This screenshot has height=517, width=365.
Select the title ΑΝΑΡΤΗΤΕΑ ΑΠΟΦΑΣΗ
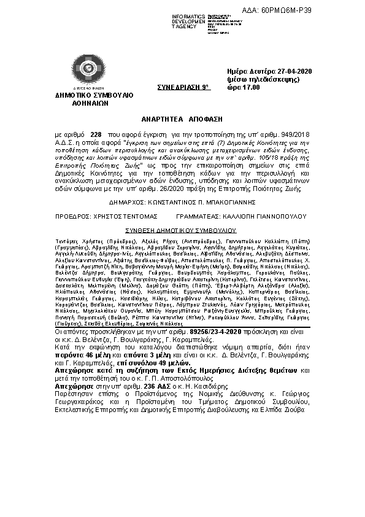(182, 117)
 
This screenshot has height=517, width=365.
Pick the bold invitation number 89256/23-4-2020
(217, 332)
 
